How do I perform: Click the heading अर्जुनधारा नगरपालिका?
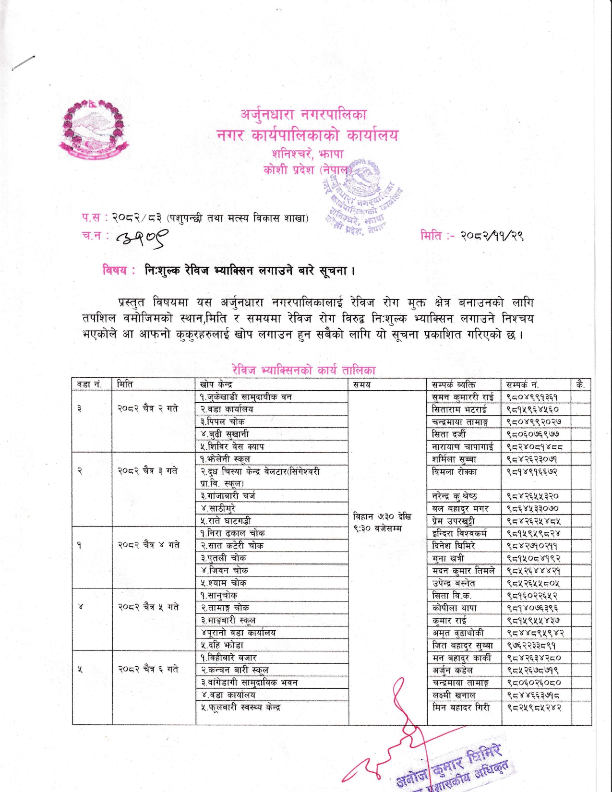click(304, 115)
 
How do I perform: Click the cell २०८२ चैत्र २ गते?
click(148, 408)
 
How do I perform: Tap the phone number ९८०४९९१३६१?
click(532, 397)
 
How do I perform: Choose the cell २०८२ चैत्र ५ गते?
click(148, 607)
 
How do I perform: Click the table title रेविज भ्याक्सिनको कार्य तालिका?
click(303, 370)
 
